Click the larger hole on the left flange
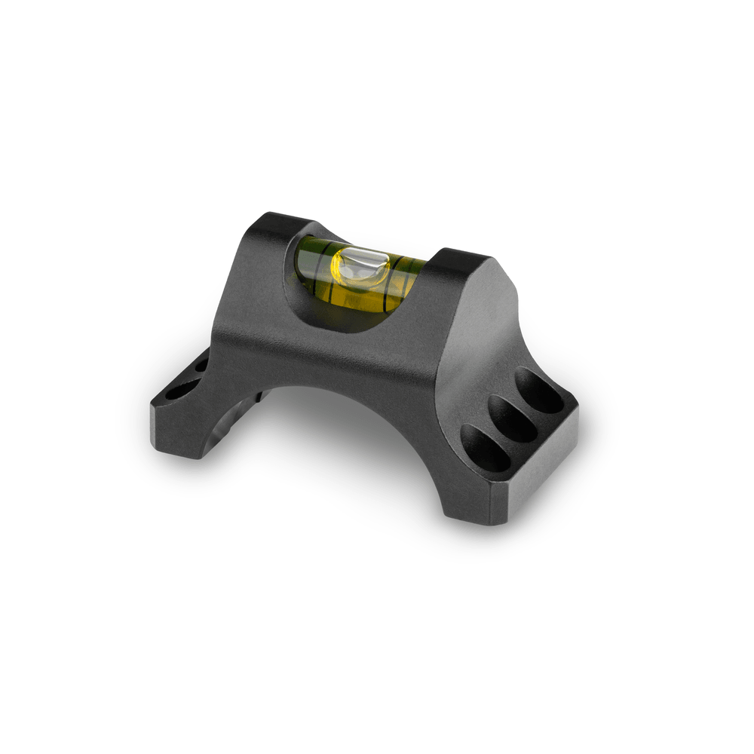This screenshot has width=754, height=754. tap(179, 391)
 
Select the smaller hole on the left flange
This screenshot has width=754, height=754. tap(201, 366)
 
